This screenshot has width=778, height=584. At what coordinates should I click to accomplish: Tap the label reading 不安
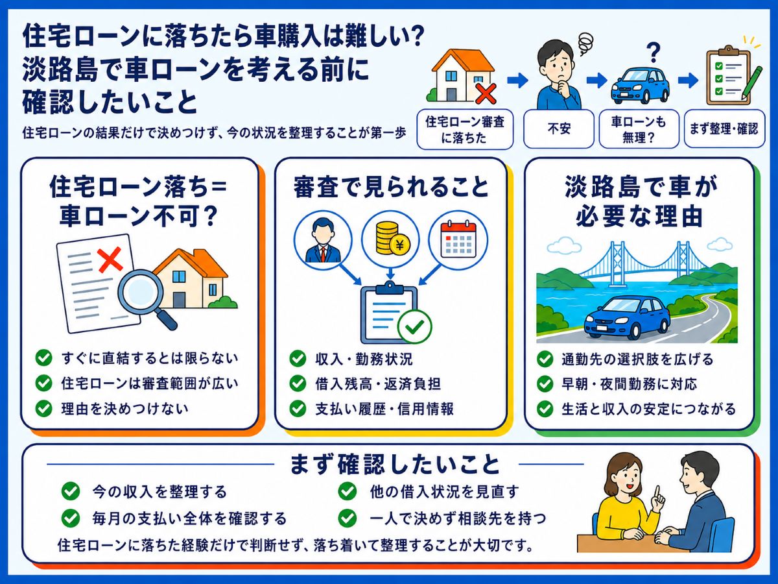pyautogui.click(x=559, y=128)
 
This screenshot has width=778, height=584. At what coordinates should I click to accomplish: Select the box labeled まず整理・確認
pyautogui.click(x=724, y=128)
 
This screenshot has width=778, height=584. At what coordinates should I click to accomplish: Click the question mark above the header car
pyautogui.click(x=654, y=53)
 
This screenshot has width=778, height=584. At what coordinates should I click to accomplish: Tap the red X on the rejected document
pyautogui.click(x=110, y=260)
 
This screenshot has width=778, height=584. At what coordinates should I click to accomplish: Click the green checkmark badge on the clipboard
pyautogui.click(x=414, y=326)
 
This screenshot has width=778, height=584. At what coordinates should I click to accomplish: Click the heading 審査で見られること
pyautogui.click(x=390, y=187)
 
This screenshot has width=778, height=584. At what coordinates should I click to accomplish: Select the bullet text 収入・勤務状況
pyautogui.click(x=364, y=359)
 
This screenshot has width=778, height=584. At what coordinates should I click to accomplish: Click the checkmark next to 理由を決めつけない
pyautogui.click(x=44, y=408)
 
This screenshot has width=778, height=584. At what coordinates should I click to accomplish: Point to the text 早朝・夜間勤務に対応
pyautogui.click(x=629, y=384)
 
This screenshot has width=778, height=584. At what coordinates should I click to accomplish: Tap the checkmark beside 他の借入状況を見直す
pyautogui.click(x=348, y=492)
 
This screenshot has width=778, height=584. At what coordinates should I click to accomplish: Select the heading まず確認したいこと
pyautogui.click(x=395, y=465)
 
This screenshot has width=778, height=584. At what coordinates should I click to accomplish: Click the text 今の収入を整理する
pyautogui.click(x=159, y=492)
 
